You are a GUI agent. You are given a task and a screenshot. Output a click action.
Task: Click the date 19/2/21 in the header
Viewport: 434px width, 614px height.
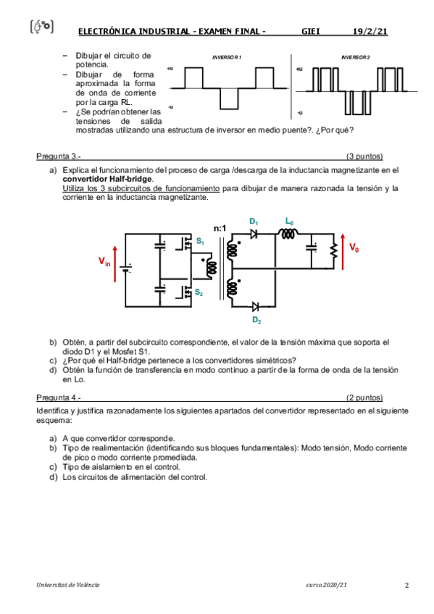[370, 31]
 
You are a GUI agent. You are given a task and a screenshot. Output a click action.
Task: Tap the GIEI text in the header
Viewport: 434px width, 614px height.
[311, 31]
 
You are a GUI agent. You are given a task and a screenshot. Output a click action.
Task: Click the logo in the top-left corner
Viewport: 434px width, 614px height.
[41, 27]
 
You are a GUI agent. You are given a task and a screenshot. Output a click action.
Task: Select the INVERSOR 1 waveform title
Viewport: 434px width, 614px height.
[226, 57]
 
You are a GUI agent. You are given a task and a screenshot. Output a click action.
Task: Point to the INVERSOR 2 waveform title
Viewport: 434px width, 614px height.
[355, 57]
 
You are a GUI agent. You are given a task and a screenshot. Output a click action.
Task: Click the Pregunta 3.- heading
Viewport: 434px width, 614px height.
[59, 156]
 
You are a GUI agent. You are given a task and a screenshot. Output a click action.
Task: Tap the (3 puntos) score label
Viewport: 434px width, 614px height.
[364, 156]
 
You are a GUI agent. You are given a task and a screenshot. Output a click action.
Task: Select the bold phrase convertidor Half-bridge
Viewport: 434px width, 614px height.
[107, 179]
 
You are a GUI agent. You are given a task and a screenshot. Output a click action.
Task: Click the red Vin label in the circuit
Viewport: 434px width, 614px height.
[104, 261]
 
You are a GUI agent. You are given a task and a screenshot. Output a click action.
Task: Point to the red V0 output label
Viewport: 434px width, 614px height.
[354, 248]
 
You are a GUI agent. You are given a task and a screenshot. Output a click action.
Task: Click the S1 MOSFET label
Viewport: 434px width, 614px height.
[200, 241]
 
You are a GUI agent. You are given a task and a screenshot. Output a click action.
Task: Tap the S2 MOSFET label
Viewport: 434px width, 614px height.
[199, 292]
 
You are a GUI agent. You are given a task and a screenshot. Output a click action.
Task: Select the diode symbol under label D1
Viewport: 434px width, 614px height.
[254, 234]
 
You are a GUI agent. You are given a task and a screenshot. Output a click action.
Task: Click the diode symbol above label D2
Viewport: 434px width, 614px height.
[256, 306]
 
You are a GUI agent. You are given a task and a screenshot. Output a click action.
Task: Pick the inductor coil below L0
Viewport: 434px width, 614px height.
[288, 234]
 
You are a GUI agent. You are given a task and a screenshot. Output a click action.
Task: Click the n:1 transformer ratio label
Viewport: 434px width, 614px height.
[220, 228]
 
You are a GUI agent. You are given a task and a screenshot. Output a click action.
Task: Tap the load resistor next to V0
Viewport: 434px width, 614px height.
[334, 251]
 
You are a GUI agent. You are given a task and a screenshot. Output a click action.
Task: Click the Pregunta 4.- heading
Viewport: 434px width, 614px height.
[59, 398]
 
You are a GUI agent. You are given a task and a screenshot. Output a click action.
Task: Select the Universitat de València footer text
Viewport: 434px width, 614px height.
[68, 585]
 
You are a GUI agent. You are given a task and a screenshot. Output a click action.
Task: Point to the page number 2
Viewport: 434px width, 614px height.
[406, 586]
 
